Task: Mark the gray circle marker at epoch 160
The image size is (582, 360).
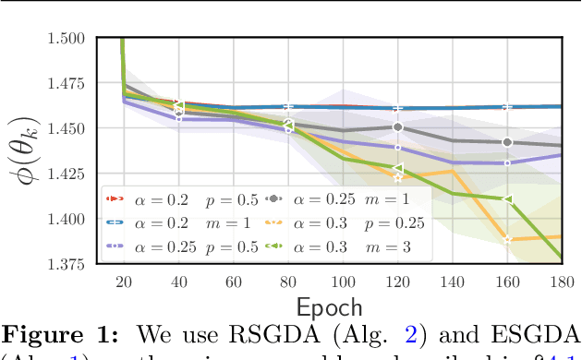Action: (507, 142)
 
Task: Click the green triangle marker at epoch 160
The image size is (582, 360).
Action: (507, 199)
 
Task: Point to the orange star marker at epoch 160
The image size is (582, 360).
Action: (507, 239)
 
